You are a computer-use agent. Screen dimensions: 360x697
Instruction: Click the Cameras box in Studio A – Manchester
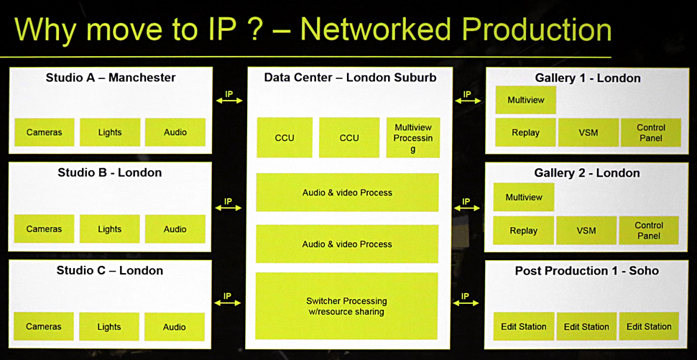click(x=44, y=132)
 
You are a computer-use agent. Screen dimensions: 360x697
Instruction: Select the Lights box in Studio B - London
click(x=109, y=229)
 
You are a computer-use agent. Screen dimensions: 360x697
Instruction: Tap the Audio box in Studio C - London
click(x=175, y=327)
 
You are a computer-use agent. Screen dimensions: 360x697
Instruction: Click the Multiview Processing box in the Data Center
click(x=413, y=138)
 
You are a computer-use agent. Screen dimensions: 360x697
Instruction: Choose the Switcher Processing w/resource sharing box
click(x=347, y=306)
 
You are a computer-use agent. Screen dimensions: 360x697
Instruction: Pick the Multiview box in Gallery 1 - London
click(x=525, y=100)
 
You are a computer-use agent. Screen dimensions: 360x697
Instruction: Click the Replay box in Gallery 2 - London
click(x=523, y=231)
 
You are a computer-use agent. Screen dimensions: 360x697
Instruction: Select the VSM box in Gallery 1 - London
click(x=588, y=133)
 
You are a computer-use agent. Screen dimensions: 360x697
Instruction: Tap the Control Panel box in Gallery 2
click(x=649, y=231)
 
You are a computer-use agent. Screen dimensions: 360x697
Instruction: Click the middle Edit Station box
click(x=586, y=326)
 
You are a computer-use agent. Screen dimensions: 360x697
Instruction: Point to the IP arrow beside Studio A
click(x=229, y=99)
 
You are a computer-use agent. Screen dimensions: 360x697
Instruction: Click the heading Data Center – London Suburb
click(x=350, y=78)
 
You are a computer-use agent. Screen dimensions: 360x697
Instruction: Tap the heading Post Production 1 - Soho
click(x=586, y=271)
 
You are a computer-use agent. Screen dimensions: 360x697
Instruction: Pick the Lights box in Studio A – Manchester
click(x=110, y=132)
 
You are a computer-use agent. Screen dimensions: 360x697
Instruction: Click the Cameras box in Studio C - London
click(x=44, y=327)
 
